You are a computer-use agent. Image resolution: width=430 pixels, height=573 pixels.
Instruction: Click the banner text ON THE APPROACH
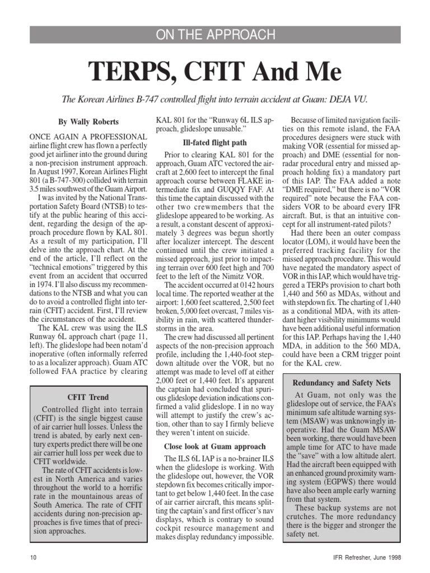pyautogui.click(x=215, y=35)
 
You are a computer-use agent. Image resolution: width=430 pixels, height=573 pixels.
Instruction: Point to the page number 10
pyautogui.click(x=32, y=557)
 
